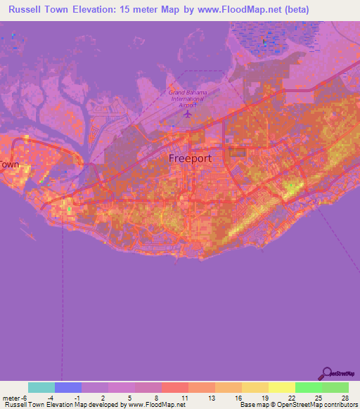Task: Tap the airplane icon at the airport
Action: pos(188,112)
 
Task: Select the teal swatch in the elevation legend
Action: pos(41,388)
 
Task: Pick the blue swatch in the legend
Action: pos(68,388)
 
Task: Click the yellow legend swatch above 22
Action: pos(282,388)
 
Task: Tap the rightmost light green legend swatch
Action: pos(335,388)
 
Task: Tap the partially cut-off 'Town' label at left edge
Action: pos(10,164)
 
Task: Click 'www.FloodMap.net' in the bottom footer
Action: pos(153,405)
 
